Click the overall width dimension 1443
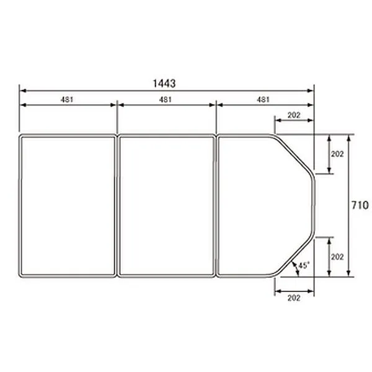[x=164, y=84]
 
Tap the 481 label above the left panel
[x=67, y=100]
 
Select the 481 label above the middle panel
[x=165, y=100]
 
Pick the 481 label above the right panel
[x=263, y=100]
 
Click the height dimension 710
[x=360, y=205]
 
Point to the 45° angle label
[x=304, y=265]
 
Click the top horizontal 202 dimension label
[x=294, y=115]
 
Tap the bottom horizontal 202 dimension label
[x=294, y=298]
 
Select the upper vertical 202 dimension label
[x=337, y=154]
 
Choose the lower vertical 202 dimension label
[x=337, y=257]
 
